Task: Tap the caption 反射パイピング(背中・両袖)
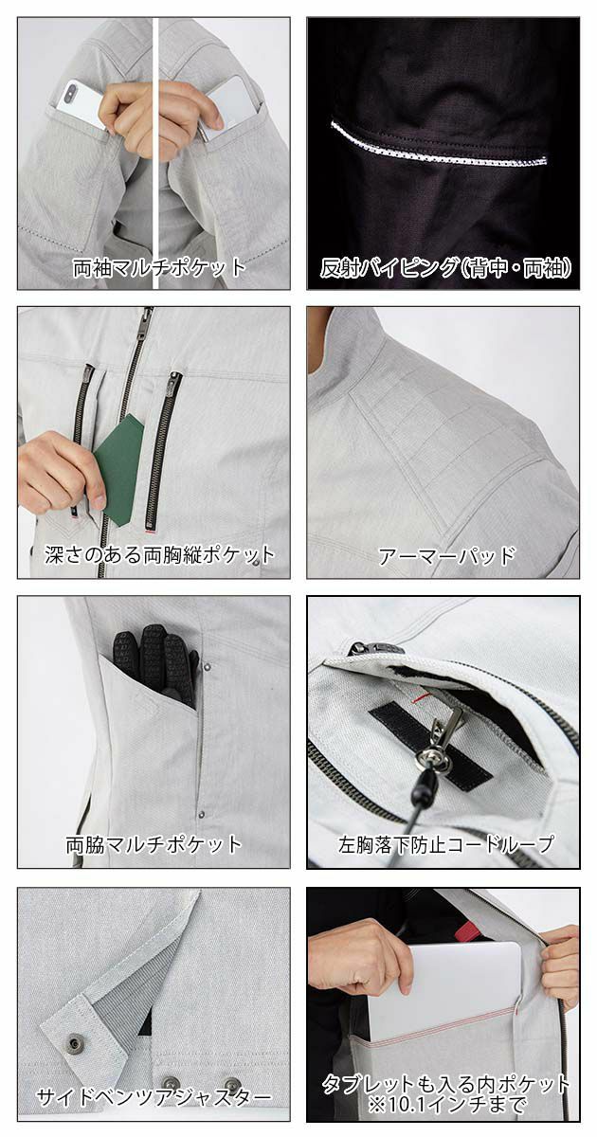pyautogui.click(x=444, y=266)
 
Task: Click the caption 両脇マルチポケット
pyautogui.click(x=154, y=843)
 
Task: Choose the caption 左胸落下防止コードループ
pyautogui.click(x=444, y=843)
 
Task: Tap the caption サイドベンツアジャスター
pyautogui.click(x=154, y=1098)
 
